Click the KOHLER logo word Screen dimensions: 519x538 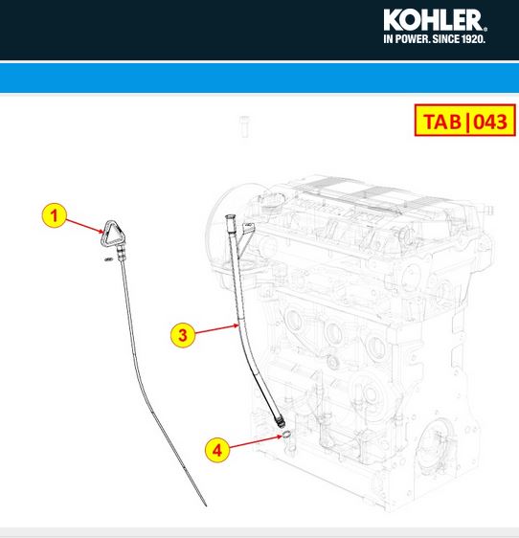pyautogui.click(x=435, y=20)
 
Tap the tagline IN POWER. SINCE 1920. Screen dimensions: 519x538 pyautogui.click(x=434, y=39)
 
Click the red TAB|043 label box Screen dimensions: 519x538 pyautogui.click(x=465, y=121)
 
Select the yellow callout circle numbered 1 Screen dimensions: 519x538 pyautogui.click(x=55, y=215)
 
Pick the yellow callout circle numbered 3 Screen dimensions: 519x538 pyautogui.click(x=183, y=335)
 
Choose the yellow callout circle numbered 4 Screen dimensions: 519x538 pyautogui.click(x=217, y=450)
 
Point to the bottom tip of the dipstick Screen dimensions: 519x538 pyautogui.click(x=206, y=505)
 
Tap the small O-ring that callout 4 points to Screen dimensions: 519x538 pyautogui.click(x=287, y=435)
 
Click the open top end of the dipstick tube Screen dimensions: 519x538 pyautogui.click(x=229, y=217)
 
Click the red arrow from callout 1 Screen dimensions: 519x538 pyautogui.click(x=84, y=226)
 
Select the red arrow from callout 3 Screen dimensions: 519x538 pyautogui.click(x=217, y=328)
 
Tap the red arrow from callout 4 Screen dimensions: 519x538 pyautogui.click(x=256, y=442)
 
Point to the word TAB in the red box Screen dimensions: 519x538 pyautogui.click(x=441, y=122)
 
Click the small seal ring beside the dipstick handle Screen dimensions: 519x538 pyautogui.click(x=108, y=259)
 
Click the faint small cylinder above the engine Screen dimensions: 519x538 pyautogui.click(x=244, y=126)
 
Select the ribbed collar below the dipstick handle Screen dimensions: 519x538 pyautogui.click(x=121, y=255)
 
